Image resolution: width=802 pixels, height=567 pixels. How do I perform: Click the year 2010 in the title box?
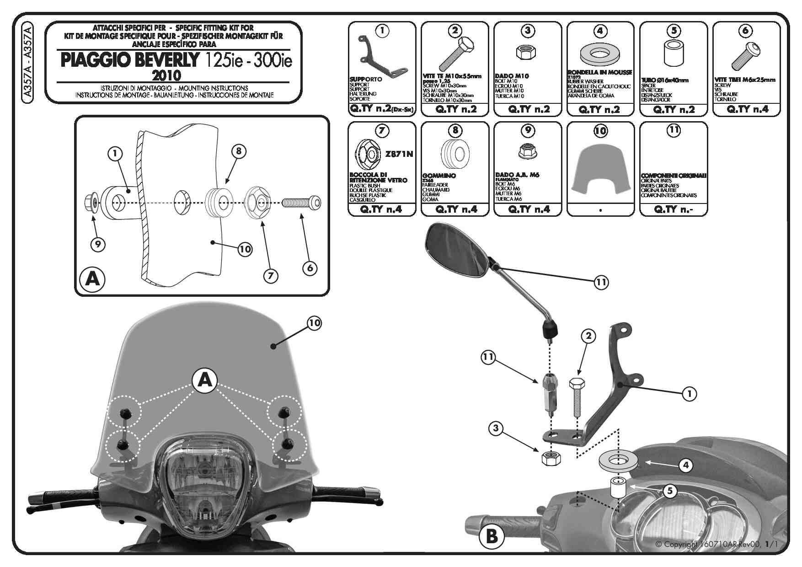[166, 75]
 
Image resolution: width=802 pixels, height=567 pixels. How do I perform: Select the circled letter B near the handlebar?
[492, 536]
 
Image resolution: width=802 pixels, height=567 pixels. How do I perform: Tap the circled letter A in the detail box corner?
[92, 278]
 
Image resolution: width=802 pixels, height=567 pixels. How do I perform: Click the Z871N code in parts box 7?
[399, 154]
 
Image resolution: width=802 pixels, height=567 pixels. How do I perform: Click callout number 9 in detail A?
[97, 244]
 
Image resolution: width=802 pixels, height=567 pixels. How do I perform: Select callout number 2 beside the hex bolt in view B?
[588, 336]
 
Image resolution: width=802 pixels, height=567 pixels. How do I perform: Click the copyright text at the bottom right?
[716, 544]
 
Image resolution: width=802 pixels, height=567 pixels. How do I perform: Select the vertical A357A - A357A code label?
[27, 61]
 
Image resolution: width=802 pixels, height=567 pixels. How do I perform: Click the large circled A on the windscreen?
[205, 380]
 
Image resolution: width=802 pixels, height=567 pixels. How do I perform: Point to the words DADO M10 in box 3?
[512, 76]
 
